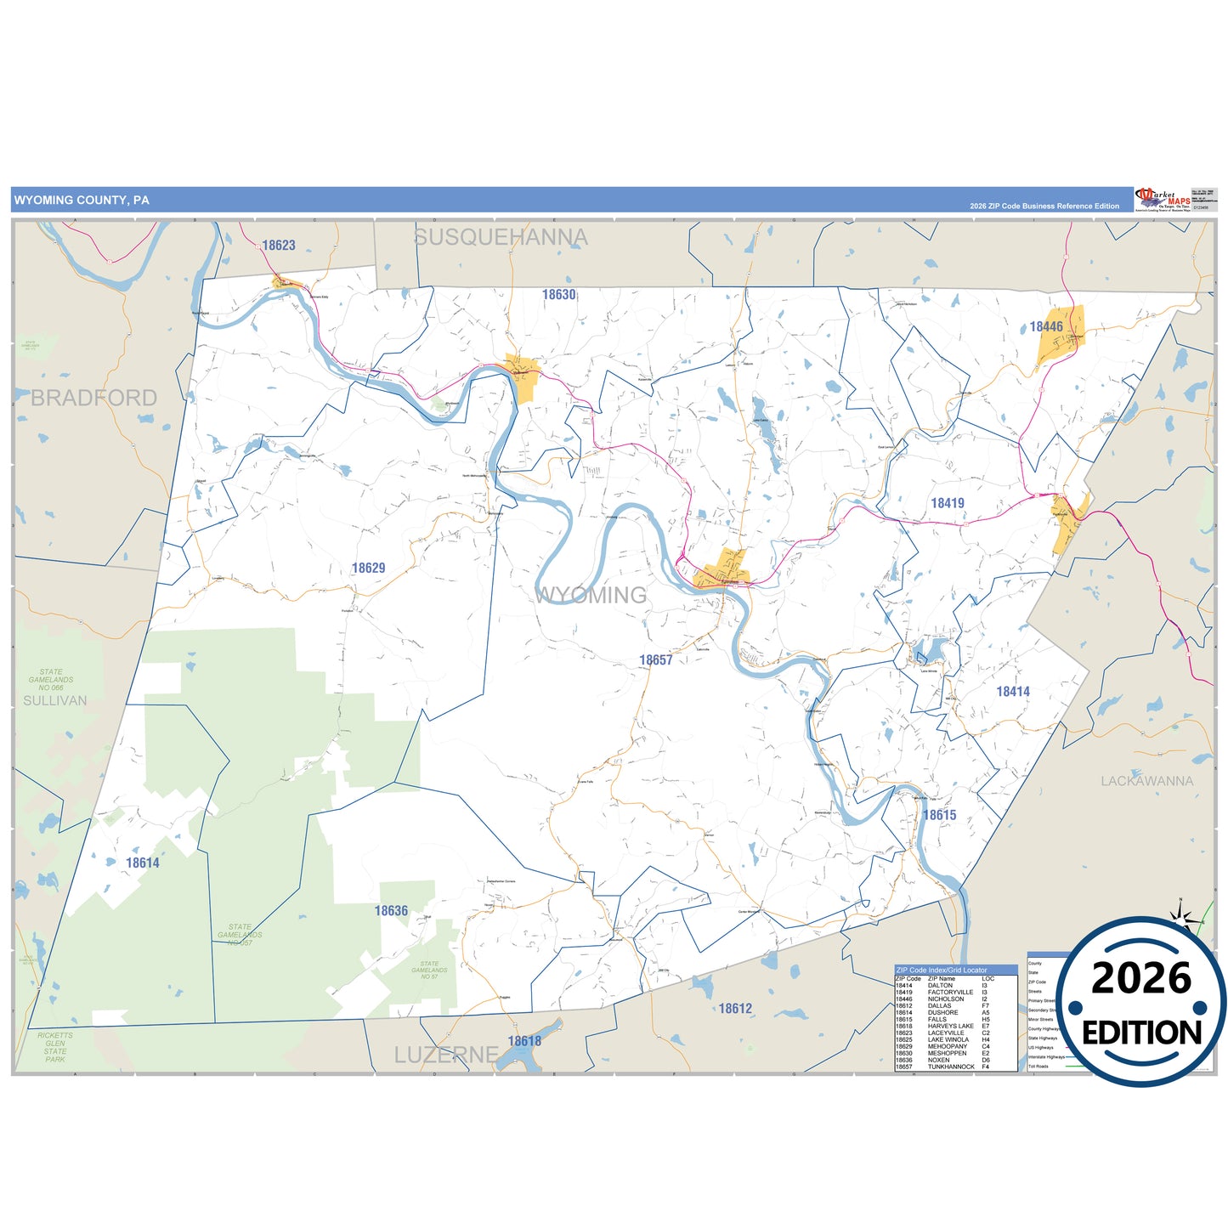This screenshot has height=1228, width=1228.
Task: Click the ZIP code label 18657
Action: click(655, 659)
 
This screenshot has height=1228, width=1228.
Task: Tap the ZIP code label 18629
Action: click(368, 568)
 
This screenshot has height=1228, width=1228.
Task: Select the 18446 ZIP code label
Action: click(1045, 326)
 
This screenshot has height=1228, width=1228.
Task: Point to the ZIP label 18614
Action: click(142, 863)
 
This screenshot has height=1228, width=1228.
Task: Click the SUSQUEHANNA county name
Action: click(501, 237)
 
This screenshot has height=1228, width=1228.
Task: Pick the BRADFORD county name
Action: click(93, 398)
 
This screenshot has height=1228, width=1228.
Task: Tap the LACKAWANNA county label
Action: click(1146, 781)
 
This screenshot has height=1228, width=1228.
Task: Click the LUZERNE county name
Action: click(446, 1055)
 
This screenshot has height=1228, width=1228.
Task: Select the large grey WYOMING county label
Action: click(591, 595)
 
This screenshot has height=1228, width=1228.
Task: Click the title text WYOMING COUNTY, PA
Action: click(82, 201)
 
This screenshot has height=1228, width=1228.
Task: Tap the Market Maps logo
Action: click(1163, 200)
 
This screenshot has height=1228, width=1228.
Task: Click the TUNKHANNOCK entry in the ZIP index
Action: click(951, 1067)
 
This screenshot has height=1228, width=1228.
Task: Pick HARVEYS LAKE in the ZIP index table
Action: click(950, 1026)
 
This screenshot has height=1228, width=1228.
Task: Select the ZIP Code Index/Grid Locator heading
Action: click(942, 970)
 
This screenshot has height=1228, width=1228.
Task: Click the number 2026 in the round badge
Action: click(1141, 979)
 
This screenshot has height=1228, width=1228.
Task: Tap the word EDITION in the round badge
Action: click(1141, 1033)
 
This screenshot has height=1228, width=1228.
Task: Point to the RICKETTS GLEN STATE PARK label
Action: click(55, 1047)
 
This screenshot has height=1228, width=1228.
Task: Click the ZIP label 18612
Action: click(735, 1009)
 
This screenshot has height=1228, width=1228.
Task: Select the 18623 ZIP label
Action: click(278, 246)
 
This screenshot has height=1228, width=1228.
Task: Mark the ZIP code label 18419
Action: click(947, 503)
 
